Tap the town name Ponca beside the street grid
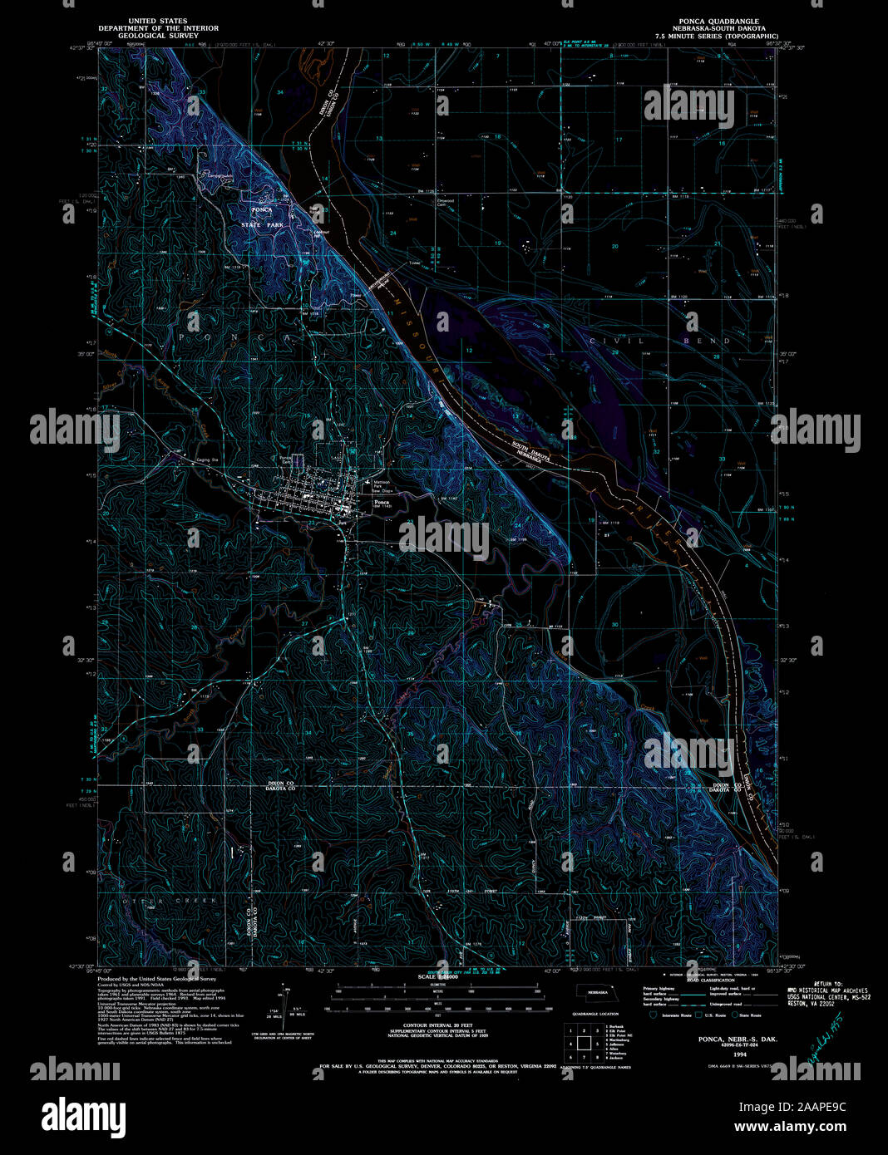[x=382, y=503]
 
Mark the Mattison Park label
[x=381, y=484]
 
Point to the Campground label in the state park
[x=220, y=175]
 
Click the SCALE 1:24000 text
[x=443, y=976]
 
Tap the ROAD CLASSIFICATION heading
[x=711, y=980]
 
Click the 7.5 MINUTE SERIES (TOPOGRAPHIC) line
[x=715, y=37]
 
